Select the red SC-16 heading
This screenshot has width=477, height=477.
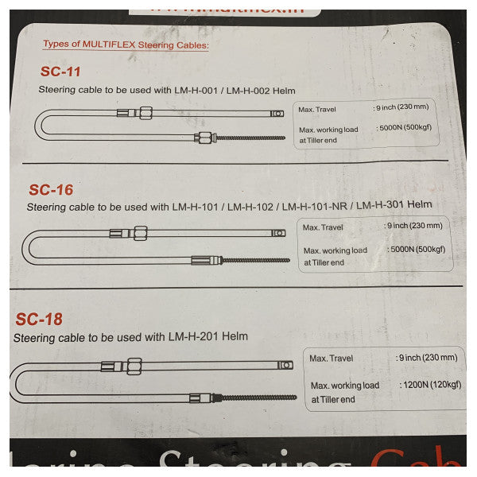51,190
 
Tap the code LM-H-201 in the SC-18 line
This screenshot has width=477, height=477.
194,336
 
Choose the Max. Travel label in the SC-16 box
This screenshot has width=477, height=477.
324,227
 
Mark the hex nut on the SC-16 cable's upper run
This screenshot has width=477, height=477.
139,233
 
